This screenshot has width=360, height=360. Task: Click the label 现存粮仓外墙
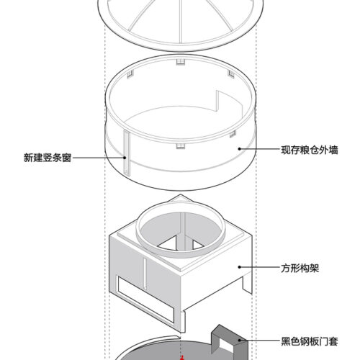[x=310, y=150]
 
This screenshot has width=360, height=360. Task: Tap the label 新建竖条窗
[x=48, y=158]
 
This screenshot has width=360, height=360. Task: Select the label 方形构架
[x=300, y=268]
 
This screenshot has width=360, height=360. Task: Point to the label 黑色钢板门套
[x=310, y=341]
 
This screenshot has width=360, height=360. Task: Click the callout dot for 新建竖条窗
[x=125, y=158]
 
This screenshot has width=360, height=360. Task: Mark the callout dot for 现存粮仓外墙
[x=239, y=149]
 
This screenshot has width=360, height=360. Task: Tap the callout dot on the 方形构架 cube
[x=239, y=267]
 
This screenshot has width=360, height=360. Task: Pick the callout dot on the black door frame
[x=239, y=340]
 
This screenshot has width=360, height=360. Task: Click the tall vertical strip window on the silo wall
[x=127, y=153]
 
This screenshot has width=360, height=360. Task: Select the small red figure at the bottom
[x=182, y=358]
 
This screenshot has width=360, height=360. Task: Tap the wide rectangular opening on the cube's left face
[x=145, y=299]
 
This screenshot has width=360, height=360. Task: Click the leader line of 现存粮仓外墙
[x=260, y=149]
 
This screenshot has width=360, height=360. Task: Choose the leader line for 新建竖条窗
[x=98, y=158]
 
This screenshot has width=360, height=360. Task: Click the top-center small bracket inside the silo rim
[x=181, y=62]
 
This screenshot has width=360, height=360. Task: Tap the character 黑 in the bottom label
[x=286, y=341]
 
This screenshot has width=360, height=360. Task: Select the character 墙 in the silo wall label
[x=333, y=150]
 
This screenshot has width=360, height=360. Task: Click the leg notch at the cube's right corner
[x=247, y=284]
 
